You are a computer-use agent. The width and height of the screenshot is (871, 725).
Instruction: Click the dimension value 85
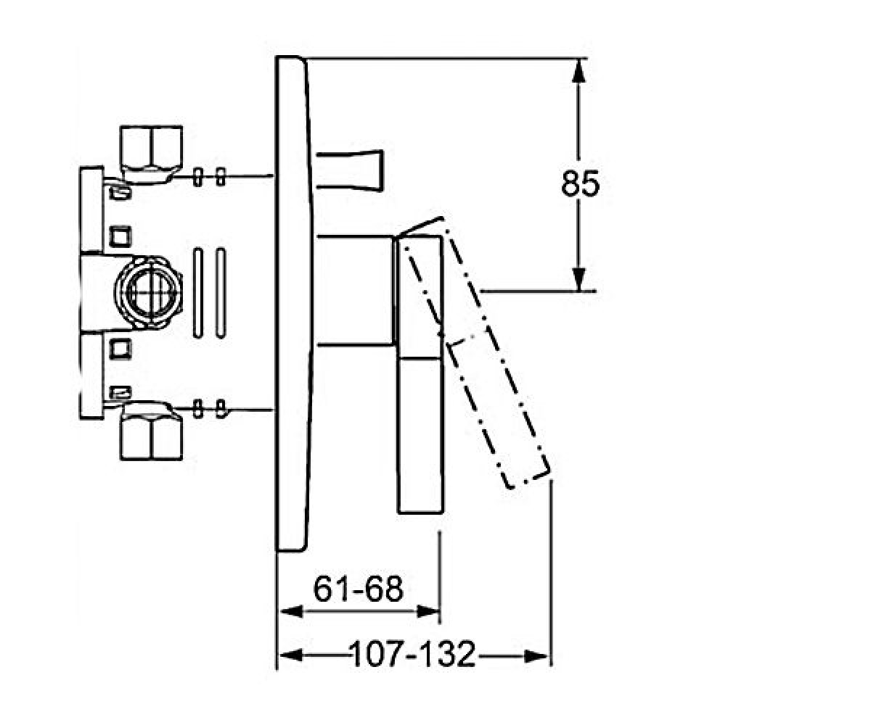(580, 183)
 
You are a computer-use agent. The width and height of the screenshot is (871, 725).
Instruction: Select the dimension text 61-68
(359, 589)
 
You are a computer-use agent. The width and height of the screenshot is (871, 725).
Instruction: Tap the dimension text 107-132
(412, 654)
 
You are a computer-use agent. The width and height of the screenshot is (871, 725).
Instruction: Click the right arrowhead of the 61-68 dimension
(428, 612)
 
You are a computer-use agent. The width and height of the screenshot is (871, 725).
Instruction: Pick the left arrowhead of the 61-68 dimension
(291, 612)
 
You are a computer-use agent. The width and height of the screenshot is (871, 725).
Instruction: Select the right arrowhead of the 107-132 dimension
(536, 656)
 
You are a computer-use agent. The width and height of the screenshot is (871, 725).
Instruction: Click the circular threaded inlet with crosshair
(149, 291)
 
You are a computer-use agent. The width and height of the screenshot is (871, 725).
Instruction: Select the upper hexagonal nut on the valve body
(151, 154)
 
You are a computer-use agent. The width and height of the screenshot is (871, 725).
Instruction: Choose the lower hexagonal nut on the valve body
(151, 431)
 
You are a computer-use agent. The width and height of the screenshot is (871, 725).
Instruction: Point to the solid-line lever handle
(420, 375)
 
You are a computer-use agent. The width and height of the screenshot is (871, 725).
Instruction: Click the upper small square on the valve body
(120, 237)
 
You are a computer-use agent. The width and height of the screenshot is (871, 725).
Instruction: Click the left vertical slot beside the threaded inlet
(198, 292)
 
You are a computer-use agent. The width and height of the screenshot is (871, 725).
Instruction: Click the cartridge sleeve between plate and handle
(355, 291)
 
